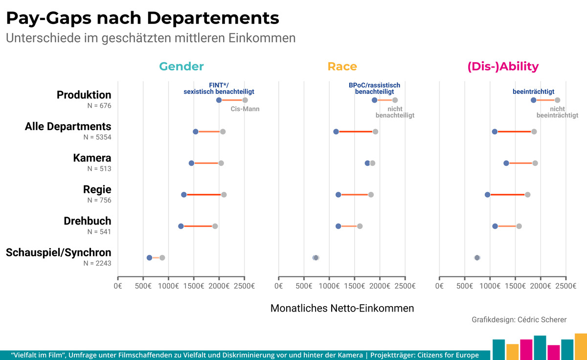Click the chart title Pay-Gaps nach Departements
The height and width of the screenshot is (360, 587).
click(142, 18)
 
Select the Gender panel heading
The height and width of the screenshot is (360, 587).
click(181, 67)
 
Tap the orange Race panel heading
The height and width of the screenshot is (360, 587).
click(342, 67)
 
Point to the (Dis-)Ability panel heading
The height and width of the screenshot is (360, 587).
click(503, 67)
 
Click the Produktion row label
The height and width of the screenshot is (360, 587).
click(84, 95)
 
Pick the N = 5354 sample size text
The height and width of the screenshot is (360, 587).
click(97, 137)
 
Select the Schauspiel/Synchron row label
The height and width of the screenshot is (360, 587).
click(58, 252)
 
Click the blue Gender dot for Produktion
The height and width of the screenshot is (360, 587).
click(219, 100)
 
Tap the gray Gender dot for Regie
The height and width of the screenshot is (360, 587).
click(224, 195)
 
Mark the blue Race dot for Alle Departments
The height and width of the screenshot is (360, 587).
click(336, 132)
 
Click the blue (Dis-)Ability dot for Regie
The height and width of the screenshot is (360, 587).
click(487, 195)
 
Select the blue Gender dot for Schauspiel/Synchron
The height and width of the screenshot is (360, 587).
click(149, 258)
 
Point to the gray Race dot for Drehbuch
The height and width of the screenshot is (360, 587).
click(360, 226)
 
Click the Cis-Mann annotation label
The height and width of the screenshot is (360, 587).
click(245, 109)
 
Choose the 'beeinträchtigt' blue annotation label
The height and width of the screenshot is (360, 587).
click(534, 91)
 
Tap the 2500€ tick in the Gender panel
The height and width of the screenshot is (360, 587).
click(244, 286)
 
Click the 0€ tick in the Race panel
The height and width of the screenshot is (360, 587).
click(278, 286)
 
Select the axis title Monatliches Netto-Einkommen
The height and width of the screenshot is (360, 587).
click(342, 308)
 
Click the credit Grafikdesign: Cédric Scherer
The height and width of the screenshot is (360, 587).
click(519, 320)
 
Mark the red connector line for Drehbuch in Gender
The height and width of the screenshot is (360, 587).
click(198, 226)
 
